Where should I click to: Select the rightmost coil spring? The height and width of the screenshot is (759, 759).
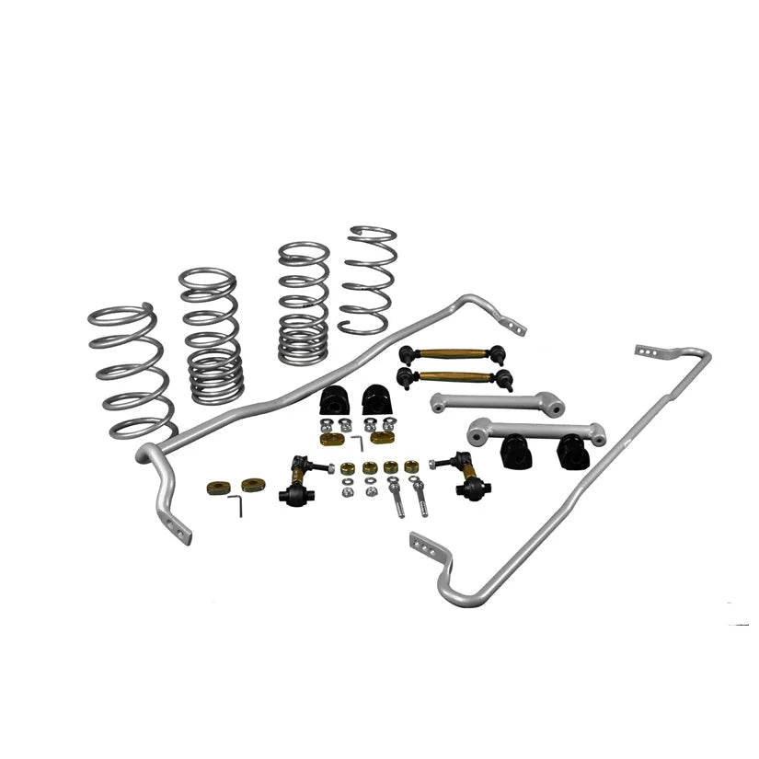pyautogui.click(x=368, y=281)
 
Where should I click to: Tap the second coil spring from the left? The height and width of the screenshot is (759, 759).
pyautogui.click(x=211, y=335)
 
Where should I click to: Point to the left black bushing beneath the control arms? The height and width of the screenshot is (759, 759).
pyautogui.click(x=517, y=452)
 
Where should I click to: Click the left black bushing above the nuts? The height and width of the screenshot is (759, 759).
pyautogui.click(x=334, y=400)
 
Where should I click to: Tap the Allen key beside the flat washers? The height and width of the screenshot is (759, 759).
pyautogui.click(x=236, y=504)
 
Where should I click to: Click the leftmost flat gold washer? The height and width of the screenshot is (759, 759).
pyautogui.click(x=218, y=487)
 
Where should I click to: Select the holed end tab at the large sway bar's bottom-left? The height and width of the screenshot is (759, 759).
pyautogui.click(x=176, y=528)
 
